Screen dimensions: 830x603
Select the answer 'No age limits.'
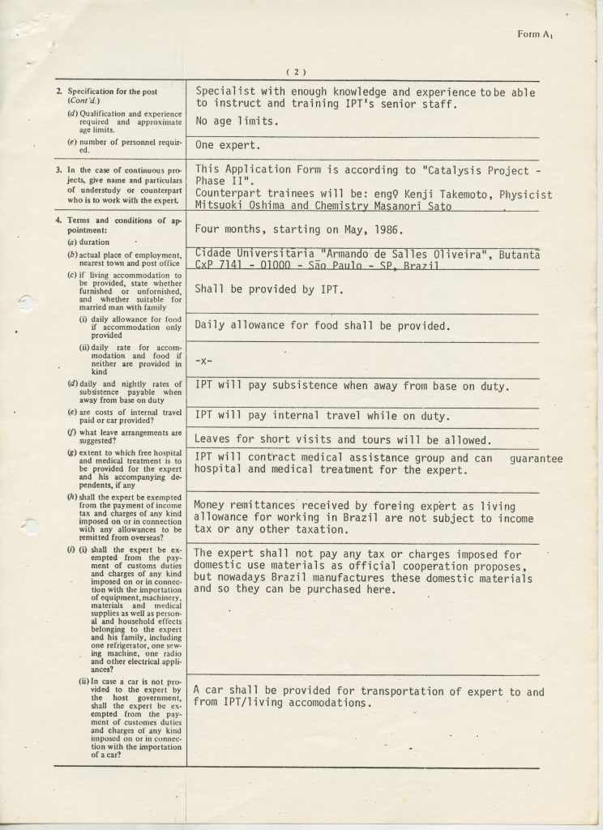(237, 122)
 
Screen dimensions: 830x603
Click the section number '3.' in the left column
(59, 170)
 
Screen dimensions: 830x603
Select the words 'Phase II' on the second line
(220, 182)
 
